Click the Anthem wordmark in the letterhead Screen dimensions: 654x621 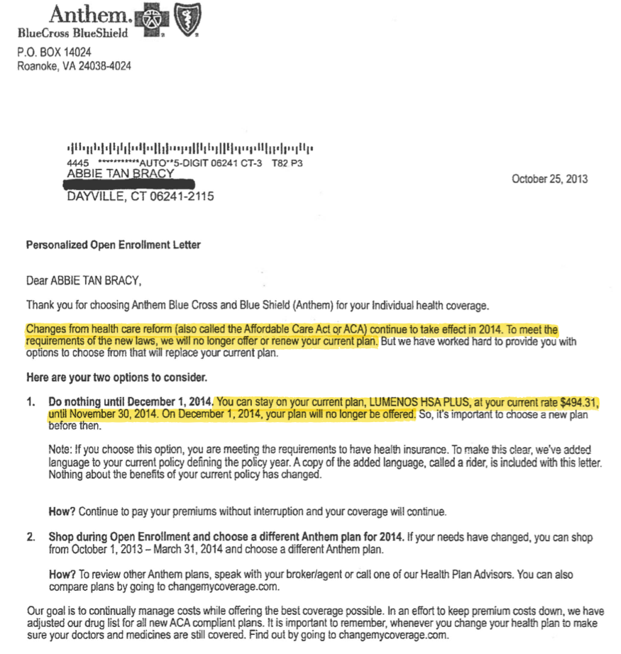click(89, 14)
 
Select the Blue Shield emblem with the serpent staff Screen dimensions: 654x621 click(187, 17)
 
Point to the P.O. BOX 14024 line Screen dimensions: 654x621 click(54, 52)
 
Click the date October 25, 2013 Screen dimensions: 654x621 click(549, 179)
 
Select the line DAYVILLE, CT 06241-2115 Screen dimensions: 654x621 click(140, 196)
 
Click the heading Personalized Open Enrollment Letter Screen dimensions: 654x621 click(114, 245)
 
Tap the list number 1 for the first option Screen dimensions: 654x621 click(30, 403)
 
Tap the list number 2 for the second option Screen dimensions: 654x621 click(30, 537)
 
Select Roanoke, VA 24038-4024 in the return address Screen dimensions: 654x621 click(74, 66)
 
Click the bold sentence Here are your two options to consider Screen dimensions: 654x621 click(116, 377)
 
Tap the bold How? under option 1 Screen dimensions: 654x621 click(61, 511)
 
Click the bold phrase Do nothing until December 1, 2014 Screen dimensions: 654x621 click(131, 403)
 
